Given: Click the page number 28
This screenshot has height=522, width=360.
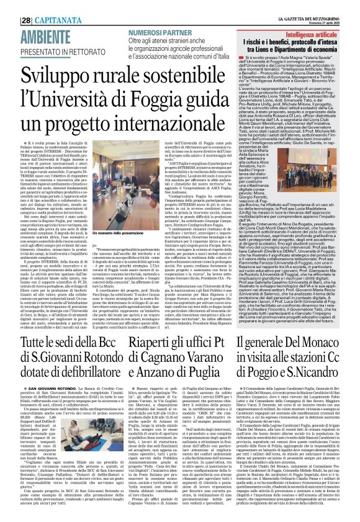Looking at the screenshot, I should pos(12,6).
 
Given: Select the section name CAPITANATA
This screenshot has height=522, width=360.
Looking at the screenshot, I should pos(44,6).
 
